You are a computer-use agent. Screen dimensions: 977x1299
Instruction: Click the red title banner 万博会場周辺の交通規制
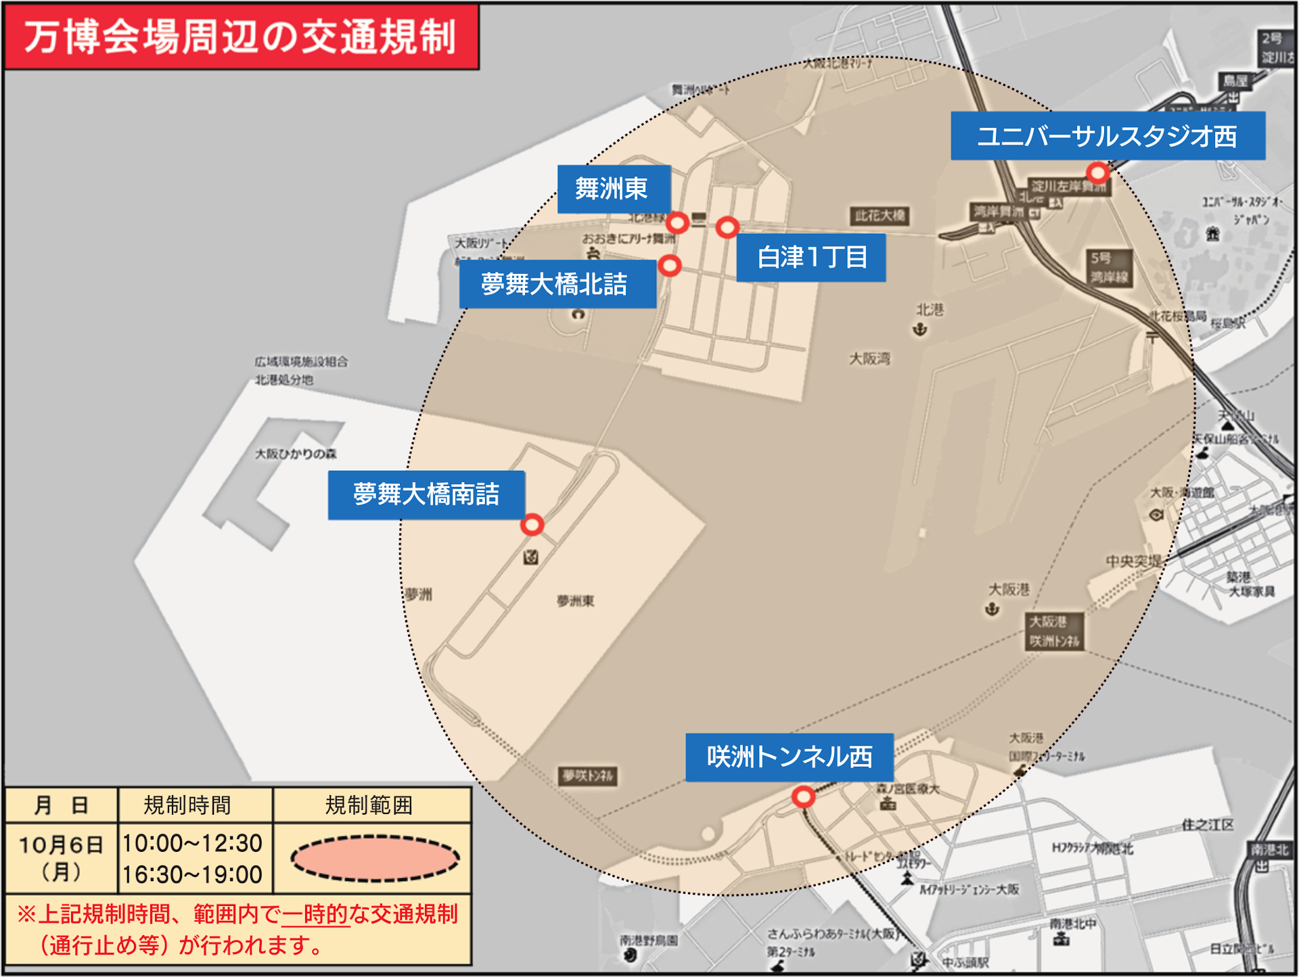pyautogui.click(x=242, y=37)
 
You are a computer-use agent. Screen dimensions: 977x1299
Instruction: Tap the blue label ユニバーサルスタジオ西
pyautogui.click(x=1108, y=136)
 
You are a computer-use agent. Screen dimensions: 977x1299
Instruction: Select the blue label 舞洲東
pyautogui.click(x=613, y=189)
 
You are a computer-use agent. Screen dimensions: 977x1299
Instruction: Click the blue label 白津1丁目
pyautogui.click(x=811, y=258)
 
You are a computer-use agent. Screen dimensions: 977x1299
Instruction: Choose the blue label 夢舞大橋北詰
pyautogui.click(x=557, y=284)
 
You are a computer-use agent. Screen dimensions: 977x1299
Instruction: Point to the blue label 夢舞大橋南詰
pyautogui.click(x=426, y=494)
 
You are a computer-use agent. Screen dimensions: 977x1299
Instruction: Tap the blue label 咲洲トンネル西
pyautogui.click(x=789, y=757)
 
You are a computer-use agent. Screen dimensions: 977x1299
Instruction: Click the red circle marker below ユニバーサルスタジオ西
pyautogui.click(x=1097, y=172)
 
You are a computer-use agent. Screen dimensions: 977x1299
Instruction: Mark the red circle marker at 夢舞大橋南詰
pyautogui.click(x=532, y=525)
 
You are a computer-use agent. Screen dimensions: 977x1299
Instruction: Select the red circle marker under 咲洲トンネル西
pyautogui.click(x=803, y=797)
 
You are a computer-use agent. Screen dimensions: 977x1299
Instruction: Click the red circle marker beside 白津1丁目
pyautogui.click(x=727, y=227)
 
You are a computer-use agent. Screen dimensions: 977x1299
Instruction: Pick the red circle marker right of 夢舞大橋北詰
pyautogui.click(x=670, y=265)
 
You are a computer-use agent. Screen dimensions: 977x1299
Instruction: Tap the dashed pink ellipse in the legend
pyautogui.click(x=375, y=859)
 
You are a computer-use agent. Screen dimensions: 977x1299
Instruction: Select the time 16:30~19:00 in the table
pyautogui.click(x=193, y=874)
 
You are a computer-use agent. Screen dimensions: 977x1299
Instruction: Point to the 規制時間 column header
pyautogui.click(x=187, y=805)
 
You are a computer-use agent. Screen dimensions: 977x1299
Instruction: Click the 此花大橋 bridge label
pyautogui.click(x=880, y=216)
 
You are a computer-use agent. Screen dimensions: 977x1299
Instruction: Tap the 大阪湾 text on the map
pyautogui.click(x=869, y=358)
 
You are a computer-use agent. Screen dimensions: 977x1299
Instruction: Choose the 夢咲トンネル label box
pyautogui.click(x=588, y=776)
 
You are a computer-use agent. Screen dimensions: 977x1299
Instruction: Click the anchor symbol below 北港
pyautogui.click(x=919, y=330)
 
